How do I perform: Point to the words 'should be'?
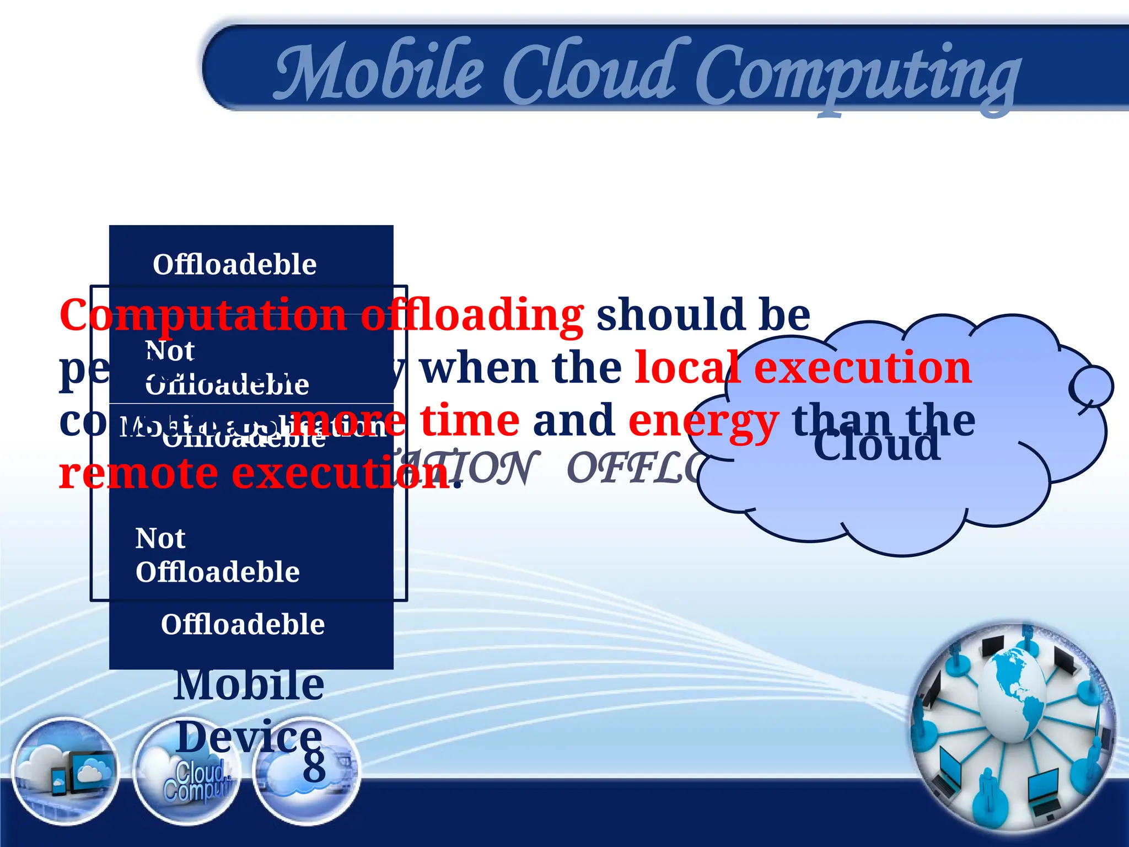coord(703,314)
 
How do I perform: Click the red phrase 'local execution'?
coord(803,368)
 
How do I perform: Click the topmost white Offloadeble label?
coord(235,265)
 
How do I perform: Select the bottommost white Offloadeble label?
coord(243,625)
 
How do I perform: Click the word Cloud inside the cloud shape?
coord(877,446)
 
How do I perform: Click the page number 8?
coord(314,766)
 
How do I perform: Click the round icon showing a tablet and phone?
coord(65,771)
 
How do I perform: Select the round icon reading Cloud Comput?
coord(187,771)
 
